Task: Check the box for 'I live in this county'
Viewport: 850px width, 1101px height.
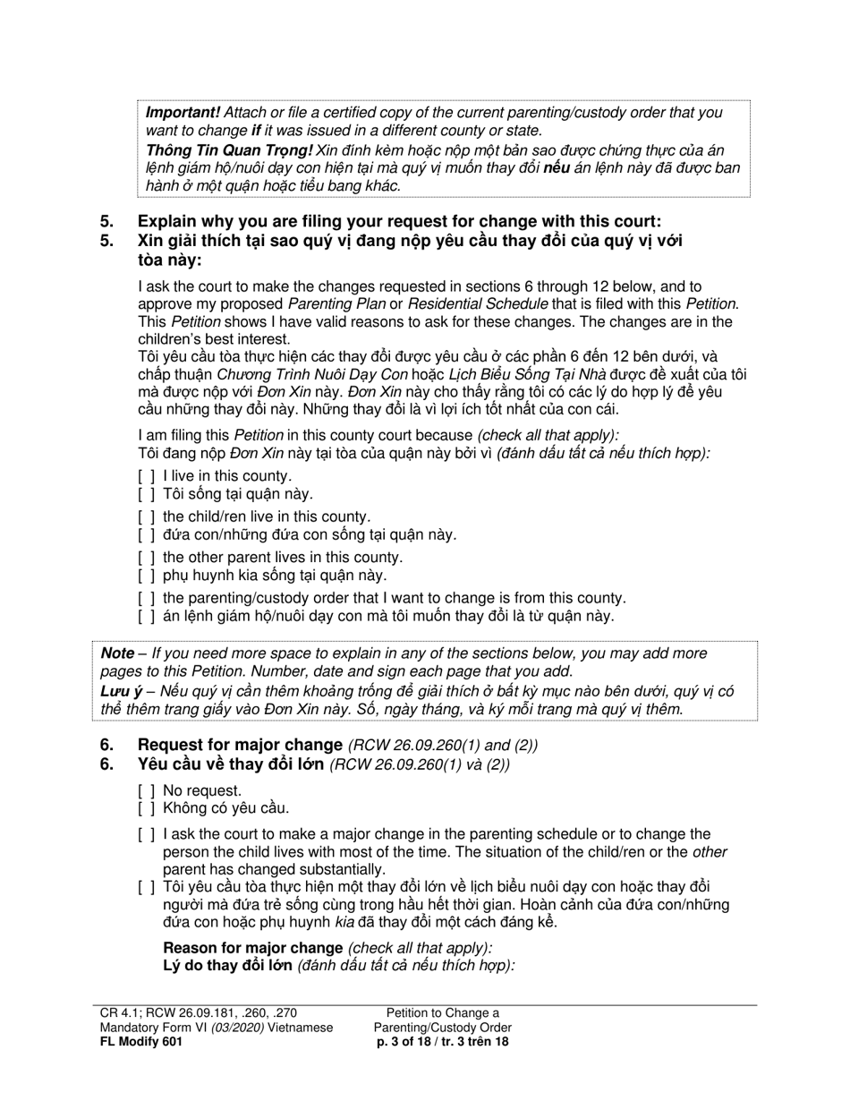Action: point(147,476)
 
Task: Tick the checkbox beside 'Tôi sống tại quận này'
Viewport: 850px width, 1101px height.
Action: point(147,494)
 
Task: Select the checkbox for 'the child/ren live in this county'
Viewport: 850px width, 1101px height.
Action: point(147,516)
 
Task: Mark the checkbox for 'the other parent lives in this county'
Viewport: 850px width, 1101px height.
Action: point(147,558)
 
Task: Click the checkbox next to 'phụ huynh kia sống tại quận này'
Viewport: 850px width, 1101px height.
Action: point(147,576)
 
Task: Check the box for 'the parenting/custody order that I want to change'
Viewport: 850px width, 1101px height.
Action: point(147,598)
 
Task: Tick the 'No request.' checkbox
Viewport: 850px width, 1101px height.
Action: point(147,791)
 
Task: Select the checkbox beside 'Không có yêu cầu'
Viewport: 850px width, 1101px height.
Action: point(147,808)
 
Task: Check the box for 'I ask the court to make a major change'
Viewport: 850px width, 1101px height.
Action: point(147,834)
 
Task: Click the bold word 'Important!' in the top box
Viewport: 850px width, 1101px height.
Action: point(183,113)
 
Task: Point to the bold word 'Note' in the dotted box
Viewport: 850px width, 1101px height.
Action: point(117,653)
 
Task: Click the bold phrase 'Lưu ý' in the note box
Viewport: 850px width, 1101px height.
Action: point(121,691)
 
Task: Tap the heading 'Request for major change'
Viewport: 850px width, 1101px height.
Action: point(240,745)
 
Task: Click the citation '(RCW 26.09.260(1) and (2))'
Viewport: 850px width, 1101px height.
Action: point(443,746)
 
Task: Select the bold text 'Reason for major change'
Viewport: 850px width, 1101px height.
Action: point(252,948)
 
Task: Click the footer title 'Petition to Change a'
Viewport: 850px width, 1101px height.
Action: point(443,1012)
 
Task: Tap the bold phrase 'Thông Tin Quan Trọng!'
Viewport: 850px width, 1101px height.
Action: point(229,150)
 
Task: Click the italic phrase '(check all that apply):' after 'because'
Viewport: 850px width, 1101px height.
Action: point(548,435)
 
